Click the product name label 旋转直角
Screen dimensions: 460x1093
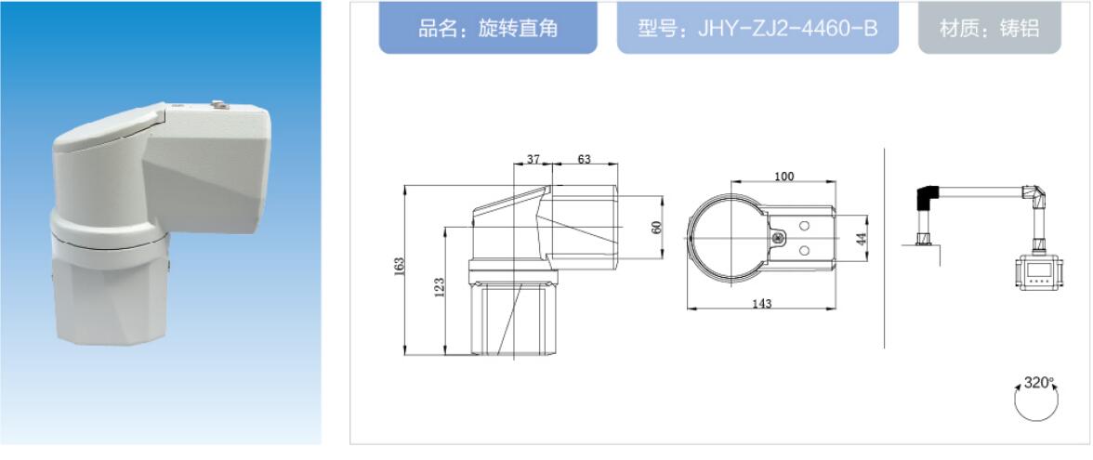point(488,29)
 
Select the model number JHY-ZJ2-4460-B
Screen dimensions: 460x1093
point(757,29)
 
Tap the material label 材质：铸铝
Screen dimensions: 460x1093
point(989,29)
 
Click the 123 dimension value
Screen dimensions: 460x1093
point(440,289)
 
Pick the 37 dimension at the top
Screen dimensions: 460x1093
point(533,160)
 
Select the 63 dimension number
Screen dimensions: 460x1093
point(584,160)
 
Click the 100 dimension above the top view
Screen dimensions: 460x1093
point(784,177)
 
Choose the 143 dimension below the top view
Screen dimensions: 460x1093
point(761,303)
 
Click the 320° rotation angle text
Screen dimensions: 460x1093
point(1039,382)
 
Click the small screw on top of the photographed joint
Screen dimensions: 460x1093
point(218,107)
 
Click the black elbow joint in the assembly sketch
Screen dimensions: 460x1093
point(928,196)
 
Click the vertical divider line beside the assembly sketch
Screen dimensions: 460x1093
point(885,246)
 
